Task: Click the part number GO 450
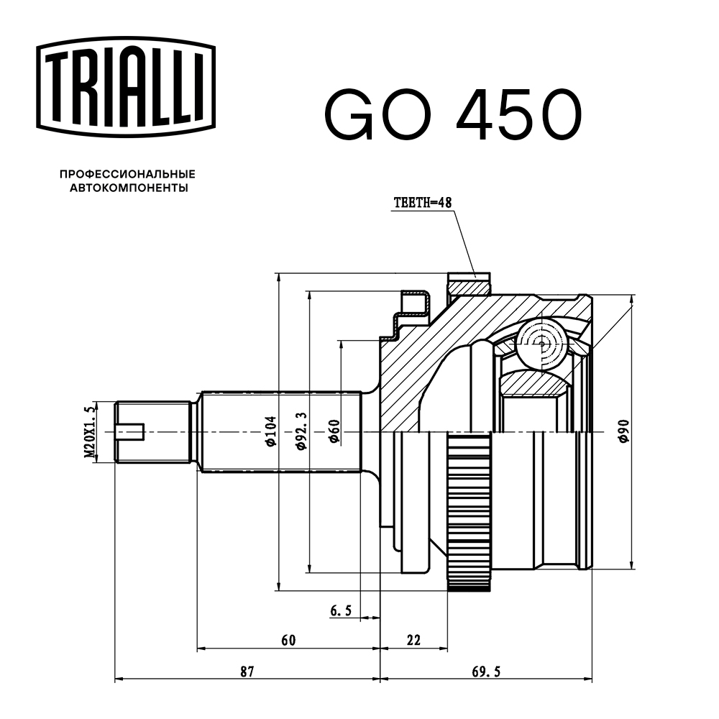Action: point(452,115)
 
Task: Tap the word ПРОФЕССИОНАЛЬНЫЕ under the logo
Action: point(127,174)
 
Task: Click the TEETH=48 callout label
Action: point(422,203)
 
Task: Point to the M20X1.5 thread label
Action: point(89,432)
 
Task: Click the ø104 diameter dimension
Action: point(270,431)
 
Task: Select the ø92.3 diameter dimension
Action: point(301,431)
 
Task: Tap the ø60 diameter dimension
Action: point(333,431)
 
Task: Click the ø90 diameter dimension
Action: point(623,431)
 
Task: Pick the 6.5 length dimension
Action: point(341,611)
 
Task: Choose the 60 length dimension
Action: point(288,640)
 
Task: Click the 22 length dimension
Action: point(413,640)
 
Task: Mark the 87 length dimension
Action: point(247,672)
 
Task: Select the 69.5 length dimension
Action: point(486,672)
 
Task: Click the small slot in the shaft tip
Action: point(132,432)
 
